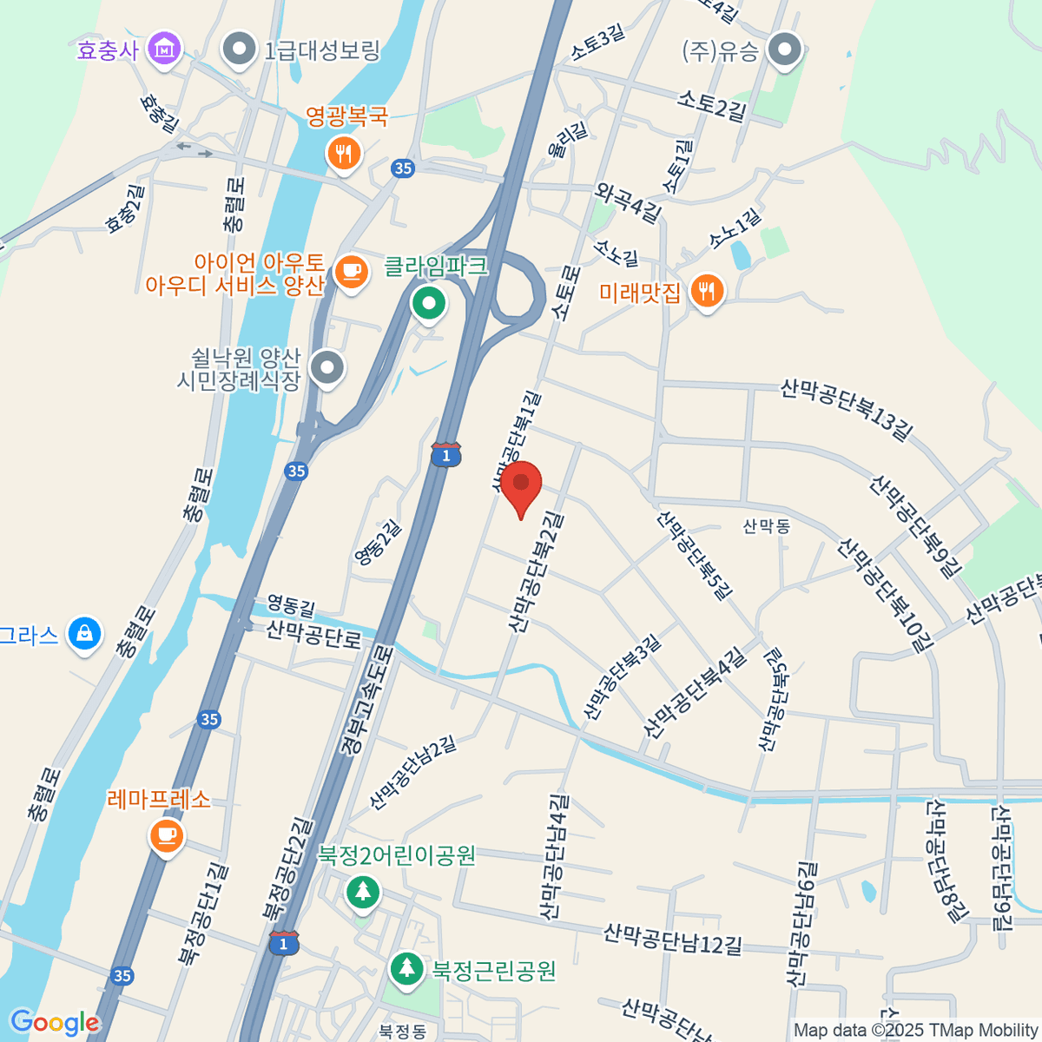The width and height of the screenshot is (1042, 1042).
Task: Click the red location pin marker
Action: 521,485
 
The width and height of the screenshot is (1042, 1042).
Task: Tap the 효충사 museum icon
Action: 163,49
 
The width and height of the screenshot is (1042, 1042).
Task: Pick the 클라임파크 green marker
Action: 428,303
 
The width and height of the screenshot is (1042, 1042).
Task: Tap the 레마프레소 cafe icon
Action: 167,836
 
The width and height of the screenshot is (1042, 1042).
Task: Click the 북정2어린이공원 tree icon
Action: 363,891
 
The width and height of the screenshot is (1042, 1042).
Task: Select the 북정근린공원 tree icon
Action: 406,969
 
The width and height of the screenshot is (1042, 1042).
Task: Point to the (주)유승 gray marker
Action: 787,49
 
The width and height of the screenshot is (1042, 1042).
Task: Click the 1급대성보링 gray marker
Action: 239,49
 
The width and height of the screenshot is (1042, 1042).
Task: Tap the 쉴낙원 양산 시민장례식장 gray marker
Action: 327,367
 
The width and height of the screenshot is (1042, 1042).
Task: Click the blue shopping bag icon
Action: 84,633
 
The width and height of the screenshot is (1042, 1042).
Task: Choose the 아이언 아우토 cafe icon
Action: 351,271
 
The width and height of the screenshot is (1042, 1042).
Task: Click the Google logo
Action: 54,1022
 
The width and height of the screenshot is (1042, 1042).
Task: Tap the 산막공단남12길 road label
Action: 673,940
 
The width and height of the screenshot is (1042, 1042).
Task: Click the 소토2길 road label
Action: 711,107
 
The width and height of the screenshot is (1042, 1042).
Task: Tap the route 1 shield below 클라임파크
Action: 445,454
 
